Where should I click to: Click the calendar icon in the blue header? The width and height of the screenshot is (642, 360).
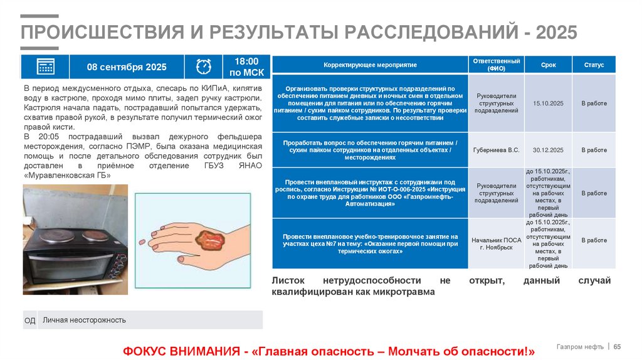coord(46,66)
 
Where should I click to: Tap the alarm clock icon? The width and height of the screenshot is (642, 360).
coord(204,66)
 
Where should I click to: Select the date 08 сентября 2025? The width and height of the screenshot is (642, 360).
coord(127,67)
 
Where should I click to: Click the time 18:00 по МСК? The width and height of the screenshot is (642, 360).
coord(246,66)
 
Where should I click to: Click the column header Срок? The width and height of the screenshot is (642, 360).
coord(549,65)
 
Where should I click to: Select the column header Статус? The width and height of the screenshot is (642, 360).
coord(594,65)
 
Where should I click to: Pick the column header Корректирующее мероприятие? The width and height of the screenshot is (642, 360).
coord(370,65)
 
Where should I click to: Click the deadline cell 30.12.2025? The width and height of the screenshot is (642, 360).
coord(549,150)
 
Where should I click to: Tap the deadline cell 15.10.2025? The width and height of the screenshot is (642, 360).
coord(549,102)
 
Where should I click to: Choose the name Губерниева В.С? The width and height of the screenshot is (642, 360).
coord(497,150)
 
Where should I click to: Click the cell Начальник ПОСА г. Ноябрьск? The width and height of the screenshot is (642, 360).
coord(497,244)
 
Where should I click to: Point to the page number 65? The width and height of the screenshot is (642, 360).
coord(617,347)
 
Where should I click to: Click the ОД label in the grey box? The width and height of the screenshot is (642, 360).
coord(29,320)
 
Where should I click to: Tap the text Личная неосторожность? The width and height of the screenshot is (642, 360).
coord(84,320)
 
